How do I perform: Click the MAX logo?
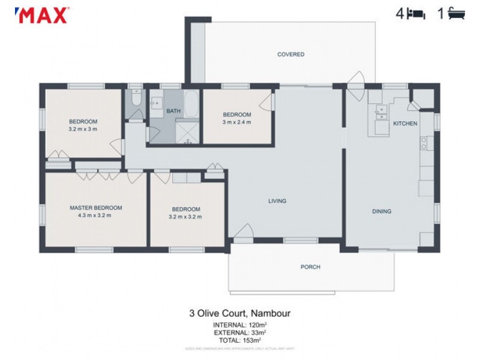pos(41,15)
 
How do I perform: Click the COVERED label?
pos(290,55)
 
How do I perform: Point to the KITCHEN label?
pos(404,123)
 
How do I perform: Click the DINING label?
pos(382,211)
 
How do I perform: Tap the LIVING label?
pos(277,201)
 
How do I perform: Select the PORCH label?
pos(310,267)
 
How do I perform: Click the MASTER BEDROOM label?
pos(95,208)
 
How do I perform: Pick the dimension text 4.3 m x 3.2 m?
pos(95,215)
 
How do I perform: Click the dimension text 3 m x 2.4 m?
pos(236,122)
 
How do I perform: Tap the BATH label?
pos(173,111)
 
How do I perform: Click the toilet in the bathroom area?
pos(135,99)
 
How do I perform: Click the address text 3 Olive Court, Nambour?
pos(239,313)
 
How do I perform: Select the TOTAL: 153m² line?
pos(239,340)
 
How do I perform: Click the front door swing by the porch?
pos(242,232)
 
